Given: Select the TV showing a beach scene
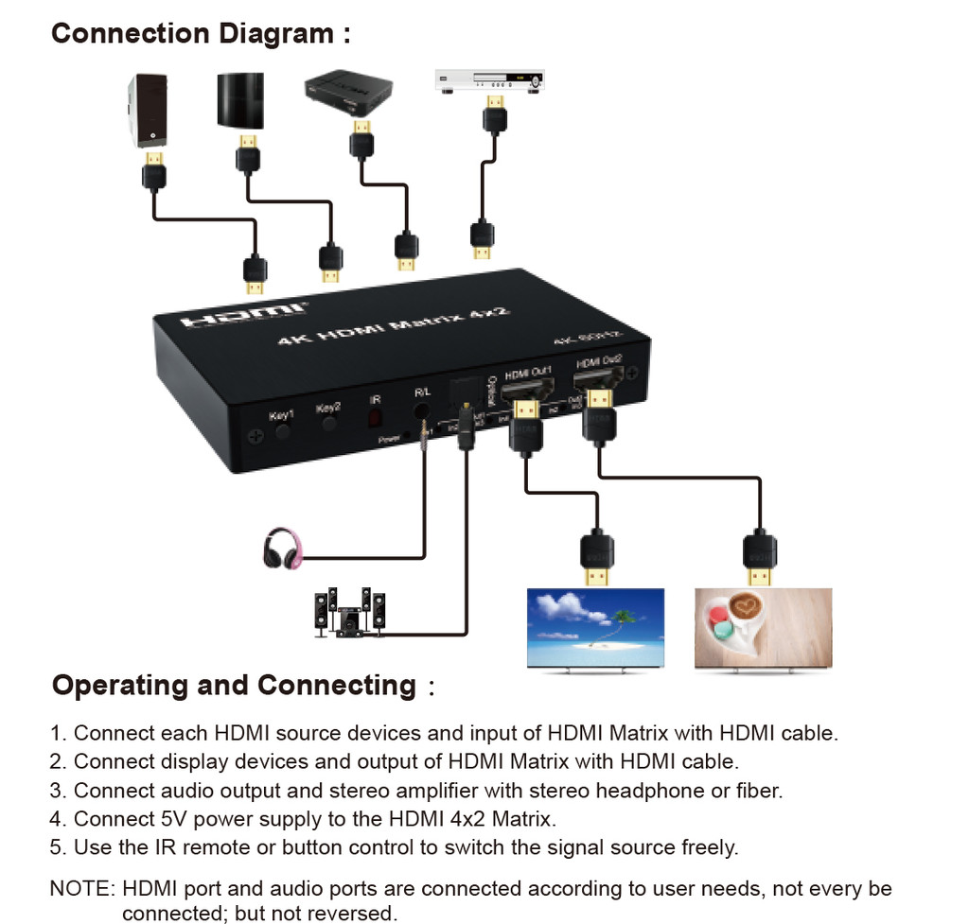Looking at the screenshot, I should click(x=595, y=629).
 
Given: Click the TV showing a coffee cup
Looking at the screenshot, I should click(x=763, y=629).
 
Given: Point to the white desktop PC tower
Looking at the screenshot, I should click(x=147, y=111).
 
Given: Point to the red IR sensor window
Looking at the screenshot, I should click(x=376, y=415).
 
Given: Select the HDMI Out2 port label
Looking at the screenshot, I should click(x=598, y=360).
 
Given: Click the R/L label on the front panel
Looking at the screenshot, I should click(x=422, y=391).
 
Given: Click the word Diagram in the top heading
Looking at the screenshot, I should click(x=276, y=34).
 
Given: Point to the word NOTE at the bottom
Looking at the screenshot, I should click(x=81, y=889).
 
